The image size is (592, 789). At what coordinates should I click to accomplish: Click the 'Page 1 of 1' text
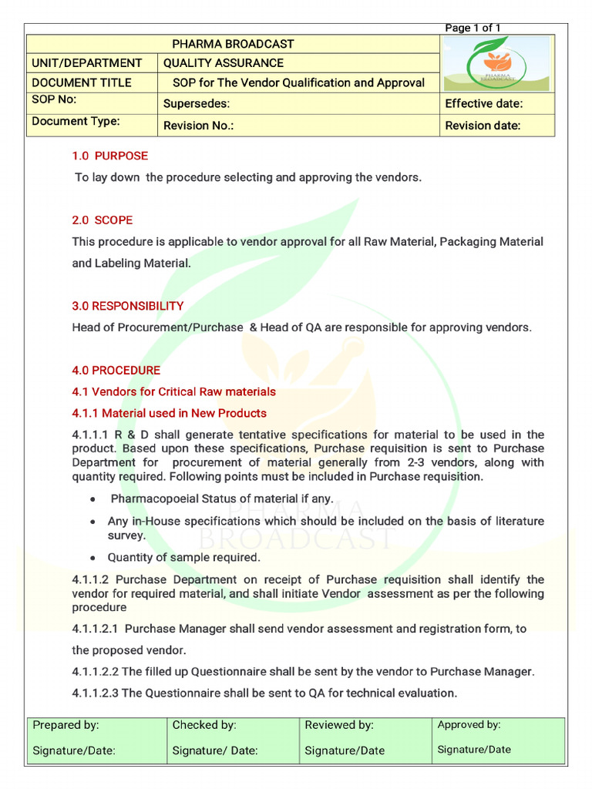(473, 28)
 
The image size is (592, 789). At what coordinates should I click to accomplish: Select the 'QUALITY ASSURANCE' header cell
(224, 63)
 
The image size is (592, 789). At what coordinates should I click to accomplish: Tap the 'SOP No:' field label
(54, 99)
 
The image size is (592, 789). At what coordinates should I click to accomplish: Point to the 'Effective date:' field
(483, 103)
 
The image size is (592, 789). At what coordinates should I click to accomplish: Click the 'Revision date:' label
(483, 126)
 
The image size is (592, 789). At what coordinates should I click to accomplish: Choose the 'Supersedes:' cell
(197, 103)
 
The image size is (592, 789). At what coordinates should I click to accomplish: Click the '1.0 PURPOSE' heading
(109, 156)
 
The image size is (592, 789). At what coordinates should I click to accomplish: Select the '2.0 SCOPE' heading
(102, 220)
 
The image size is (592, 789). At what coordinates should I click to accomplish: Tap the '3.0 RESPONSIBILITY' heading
(128, 306)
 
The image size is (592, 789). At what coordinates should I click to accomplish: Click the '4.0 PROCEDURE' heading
(116, 370)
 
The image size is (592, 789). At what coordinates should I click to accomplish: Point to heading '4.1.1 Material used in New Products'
(169, 413)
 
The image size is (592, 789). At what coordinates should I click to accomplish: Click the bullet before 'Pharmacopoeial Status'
(92, 500)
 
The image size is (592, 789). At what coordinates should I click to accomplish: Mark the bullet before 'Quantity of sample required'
(92, 558)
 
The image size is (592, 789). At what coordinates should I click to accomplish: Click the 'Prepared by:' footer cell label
(66, 725)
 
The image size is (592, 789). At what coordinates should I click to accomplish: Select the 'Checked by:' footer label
(203, 725)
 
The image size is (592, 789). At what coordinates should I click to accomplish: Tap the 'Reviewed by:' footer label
(338, 725)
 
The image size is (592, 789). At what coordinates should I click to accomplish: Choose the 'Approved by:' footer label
(469, 725)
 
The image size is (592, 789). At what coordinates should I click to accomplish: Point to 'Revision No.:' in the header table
(198, 126)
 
